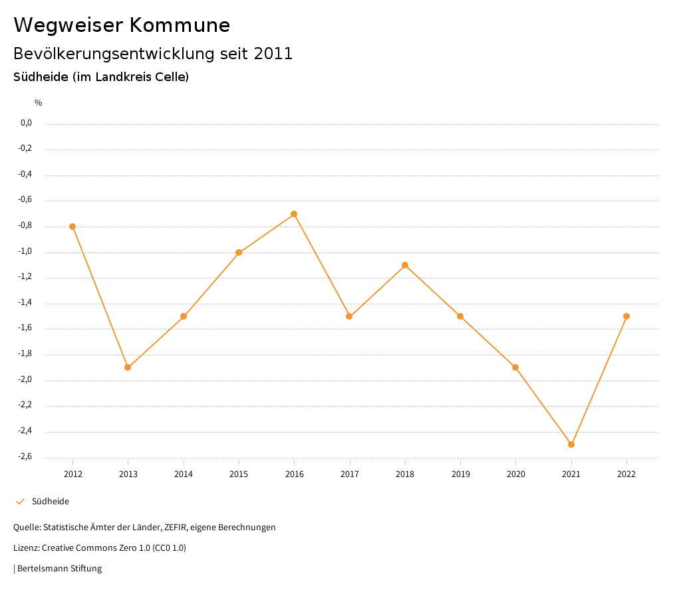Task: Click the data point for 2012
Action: pos(72,227)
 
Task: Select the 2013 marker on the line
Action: pos(128,367)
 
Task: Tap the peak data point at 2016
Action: pos(294,214)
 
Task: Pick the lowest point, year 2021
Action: pos(571,444)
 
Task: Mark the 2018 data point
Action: pos(405,265)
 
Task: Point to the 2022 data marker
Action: pos(626,316)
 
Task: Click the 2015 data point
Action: pos(239,252)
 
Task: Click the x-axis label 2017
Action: pos(350,474)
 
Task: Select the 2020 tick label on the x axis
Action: pos(516,474)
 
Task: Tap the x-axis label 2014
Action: pos(184,474)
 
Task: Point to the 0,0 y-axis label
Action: pos(26,123)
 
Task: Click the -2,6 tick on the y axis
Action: pos(25,457)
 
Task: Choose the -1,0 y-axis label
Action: pos(25,252)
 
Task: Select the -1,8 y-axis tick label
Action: pos(25,354)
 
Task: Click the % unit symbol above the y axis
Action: pos(39,103)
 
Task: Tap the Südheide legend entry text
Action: pos(51,502)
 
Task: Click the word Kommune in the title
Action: pos(180,25)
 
